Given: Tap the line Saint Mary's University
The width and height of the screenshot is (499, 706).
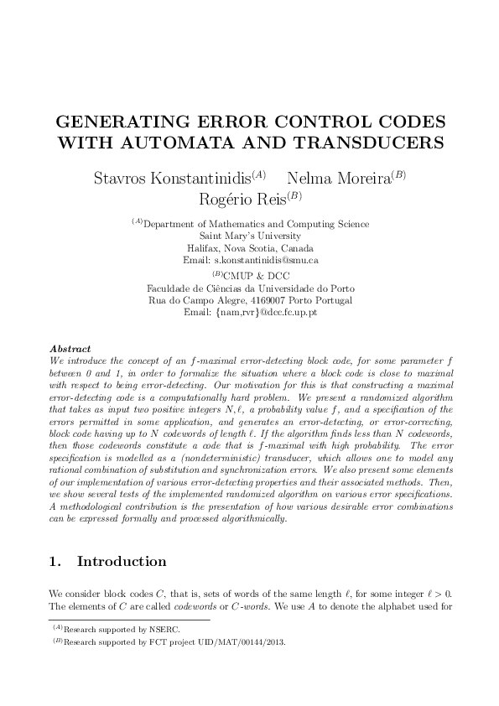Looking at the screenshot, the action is tap(249, 236).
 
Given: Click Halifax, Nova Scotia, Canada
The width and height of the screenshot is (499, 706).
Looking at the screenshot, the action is tap(249, 249).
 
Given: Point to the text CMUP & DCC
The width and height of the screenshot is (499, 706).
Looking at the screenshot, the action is tap(254, 275).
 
